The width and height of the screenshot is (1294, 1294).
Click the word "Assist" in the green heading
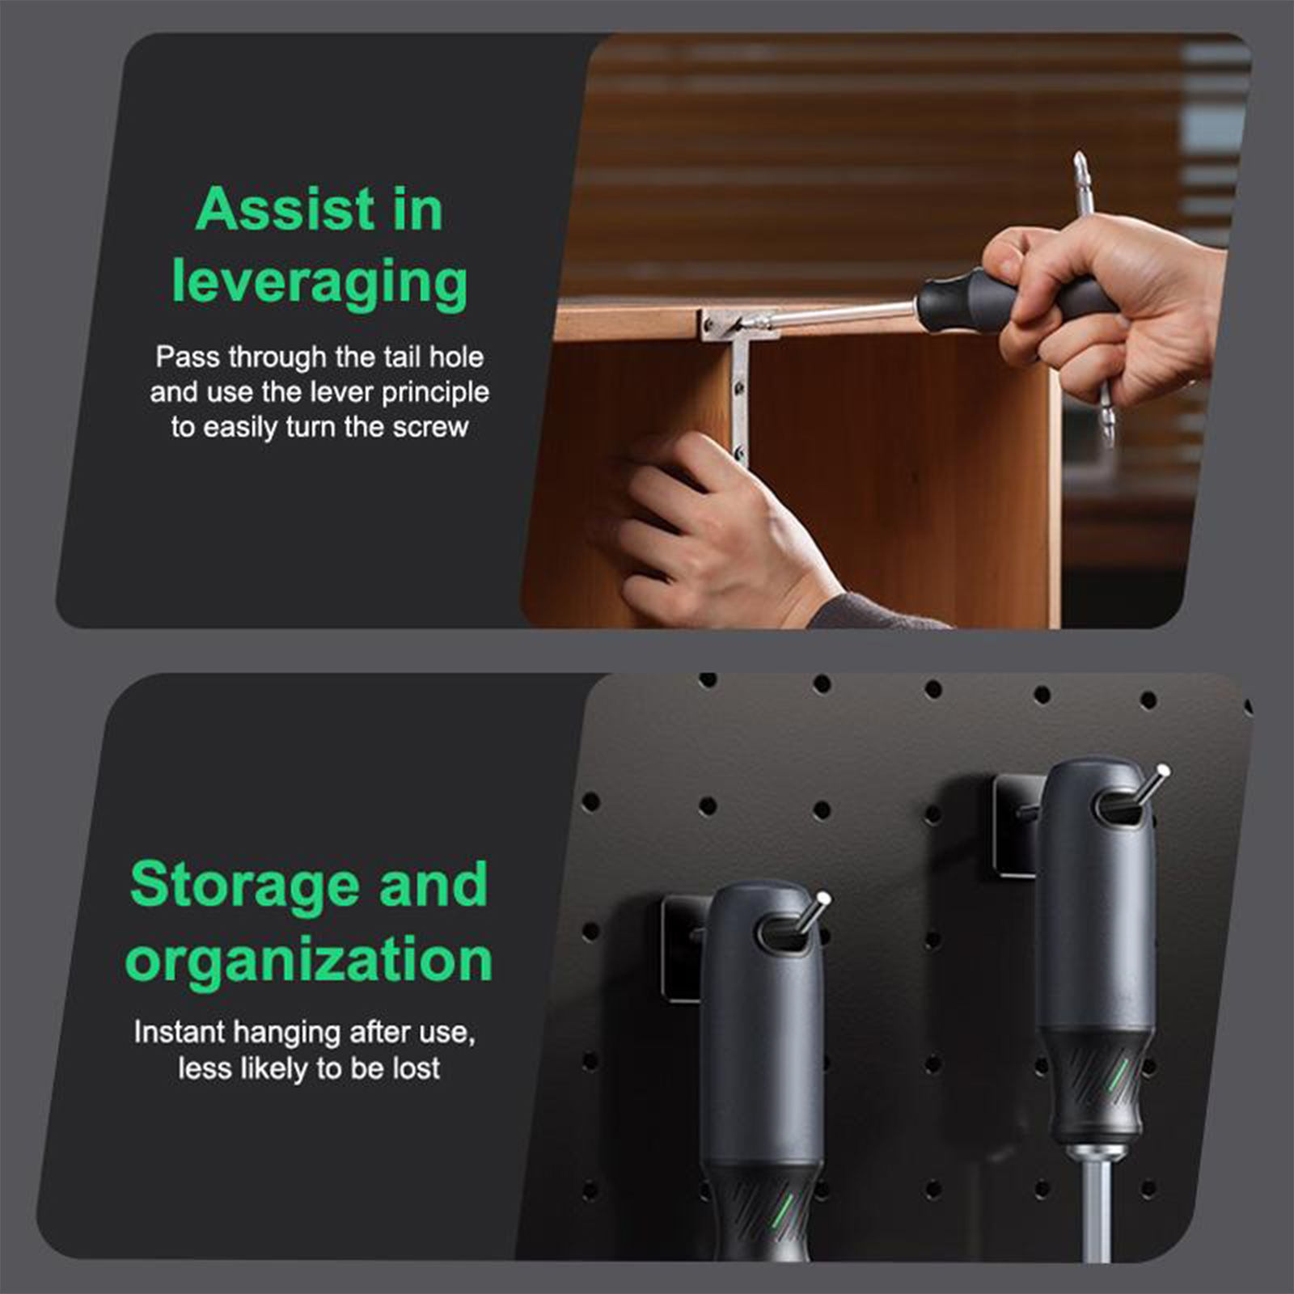pos(285,209)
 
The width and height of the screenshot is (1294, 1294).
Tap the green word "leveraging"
pos(319,282)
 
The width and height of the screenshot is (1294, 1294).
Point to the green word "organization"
pos(309,960)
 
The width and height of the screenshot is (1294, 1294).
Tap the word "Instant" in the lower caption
pos(180,1032)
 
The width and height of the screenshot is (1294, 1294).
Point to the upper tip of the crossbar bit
pos(1079,153)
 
